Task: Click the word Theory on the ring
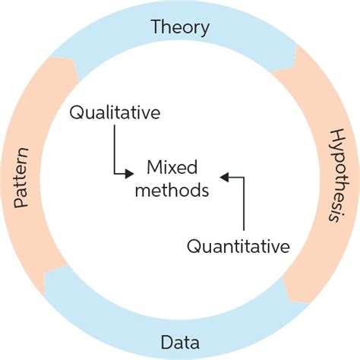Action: (180, 28)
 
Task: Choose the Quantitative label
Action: (238, 246)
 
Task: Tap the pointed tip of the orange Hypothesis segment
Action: (286, 286)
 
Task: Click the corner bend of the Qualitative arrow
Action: (114, 173)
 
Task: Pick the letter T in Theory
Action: (156, 28)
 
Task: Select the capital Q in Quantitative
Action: (193, 246)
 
